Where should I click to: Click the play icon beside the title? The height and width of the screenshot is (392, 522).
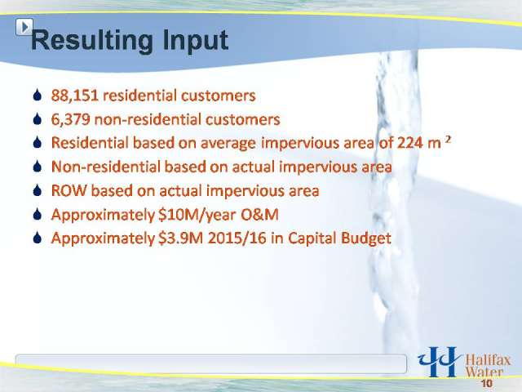click(24, 27)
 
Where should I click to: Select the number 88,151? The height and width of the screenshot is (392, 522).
click(74, 96)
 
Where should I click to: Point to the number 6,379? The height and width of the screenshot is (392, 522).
click(71, 119)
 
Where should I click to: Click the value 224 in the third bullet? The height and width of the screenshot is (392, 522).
click(409, 143)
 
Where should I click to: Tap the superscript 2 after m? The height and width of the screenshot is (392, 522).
click(448, 140)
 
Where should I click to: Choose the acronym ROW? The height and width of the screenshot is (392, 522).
click(69, 190)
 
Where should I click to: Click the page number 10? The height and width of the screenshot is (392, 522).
click(486, 383)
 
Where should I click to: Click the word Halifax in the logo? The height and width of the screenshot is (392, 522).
click(488, 360)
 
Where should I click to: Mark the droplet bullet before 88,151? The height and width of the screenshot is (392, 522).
click(38, 95)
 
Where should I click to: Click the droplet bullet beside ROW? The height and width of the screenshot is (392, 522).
click(38, 190)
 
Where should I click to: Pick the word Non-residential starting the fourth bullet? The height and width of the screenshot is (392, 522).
click(106, 167)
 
